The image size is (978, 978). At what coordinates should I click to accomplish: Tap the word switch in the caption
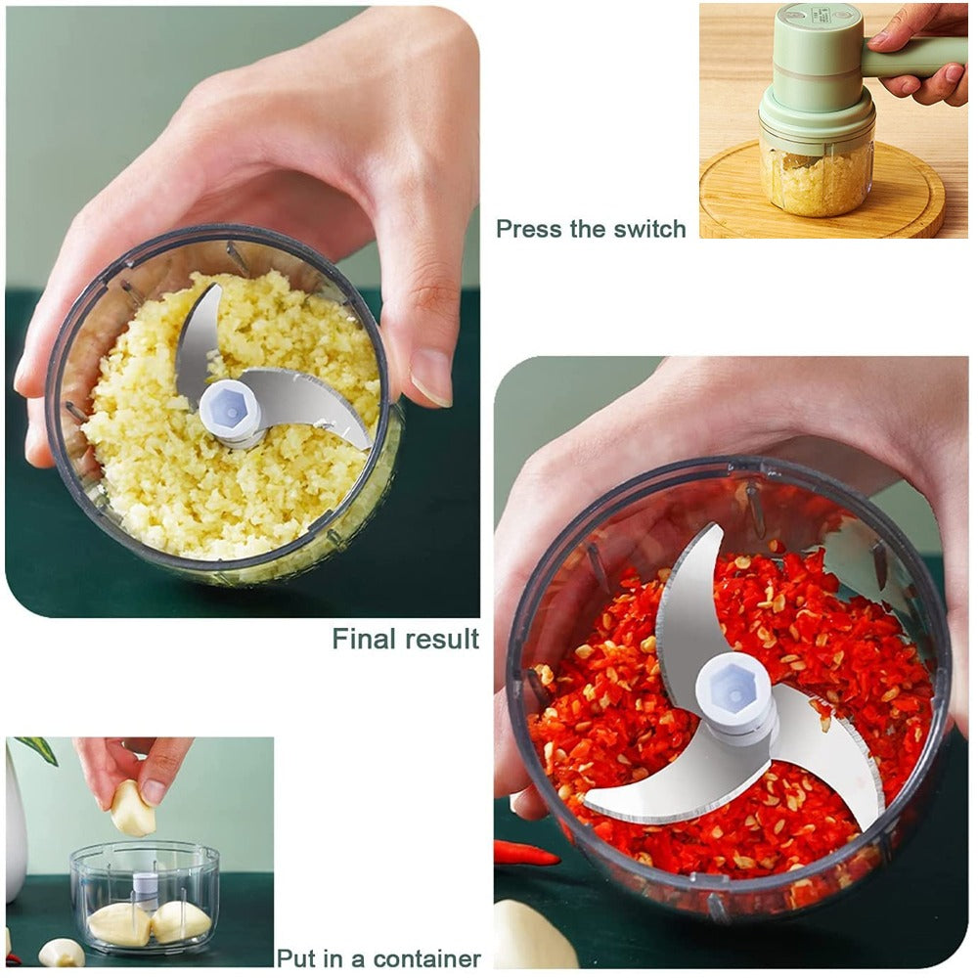tap(649, 229)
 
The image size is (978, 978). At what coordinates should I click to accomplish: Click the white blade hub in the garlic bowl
tap(231, 413)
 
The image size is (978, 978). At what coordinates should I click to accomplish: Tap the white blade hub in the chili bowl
tap(736, 692)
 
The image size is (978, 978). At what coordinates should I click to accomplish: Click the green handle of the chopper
tap(914, 56)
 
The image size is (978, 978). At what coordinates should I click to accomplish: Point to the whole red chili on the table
tap(526, 852)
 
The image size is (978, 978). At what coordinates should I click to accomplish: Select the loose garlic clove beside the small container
tap(62, 953)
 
